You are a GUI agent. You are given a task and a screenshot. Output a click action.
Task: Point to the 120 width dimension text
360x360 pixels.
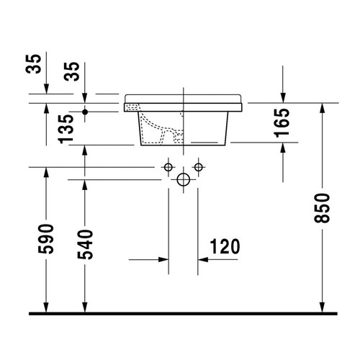225,247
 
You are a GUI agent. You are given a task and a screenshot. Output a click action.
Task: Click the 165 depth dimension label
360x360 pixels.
282,122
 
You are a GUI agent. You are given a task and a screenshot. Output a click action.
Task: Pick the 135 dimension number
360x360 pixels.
66,129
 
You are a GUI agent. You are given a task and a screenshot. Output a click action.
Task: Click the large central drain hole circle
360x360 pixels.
183,179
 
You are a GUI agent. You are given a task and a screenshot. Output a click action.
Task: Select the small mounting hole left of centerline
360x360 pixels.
168,167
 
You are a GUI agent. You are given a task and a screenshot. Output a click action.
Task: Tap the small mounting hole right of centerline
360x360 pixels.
197,167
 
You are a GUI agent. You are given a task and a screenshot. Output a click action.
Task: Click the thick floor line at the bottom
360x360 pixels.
183,314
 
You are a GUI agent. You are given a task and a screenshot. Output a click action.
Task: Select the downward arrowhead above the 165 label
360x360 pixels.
283,98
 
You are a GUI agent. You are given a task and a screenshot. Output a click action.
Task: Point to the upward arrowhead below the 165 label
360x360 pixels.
283,149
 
